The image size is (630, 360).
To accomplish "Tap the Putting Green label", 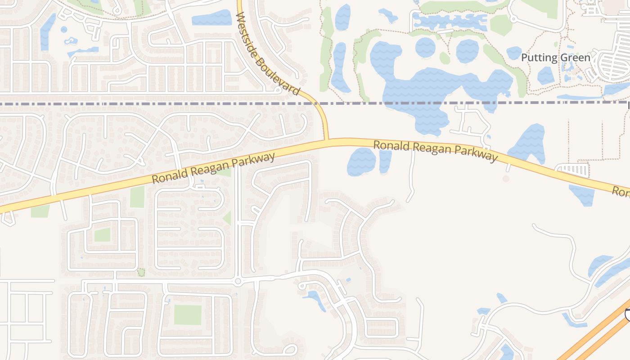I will point(555,58).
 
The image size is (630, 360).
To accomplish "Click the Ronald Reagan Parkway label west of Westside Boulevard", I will point(213,168).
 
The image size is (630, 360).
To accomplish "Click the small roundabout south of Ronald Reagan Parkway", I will point(238,281).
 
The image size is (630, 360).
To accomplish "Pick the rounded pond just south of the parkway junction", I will point(361,161).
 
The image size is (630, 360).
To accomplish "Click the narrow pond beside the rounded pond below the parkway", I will point(385,161).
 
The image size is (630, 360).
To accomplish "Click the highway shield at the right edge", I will point(627,314).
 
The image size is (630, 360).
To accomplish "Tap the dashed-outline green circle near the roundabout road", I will point(141,272).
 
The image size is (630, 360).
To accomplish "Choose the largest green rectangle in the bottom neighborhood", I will point(187,315).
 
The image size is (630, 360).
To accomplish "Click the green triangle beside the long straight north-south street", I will point(228,218).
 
